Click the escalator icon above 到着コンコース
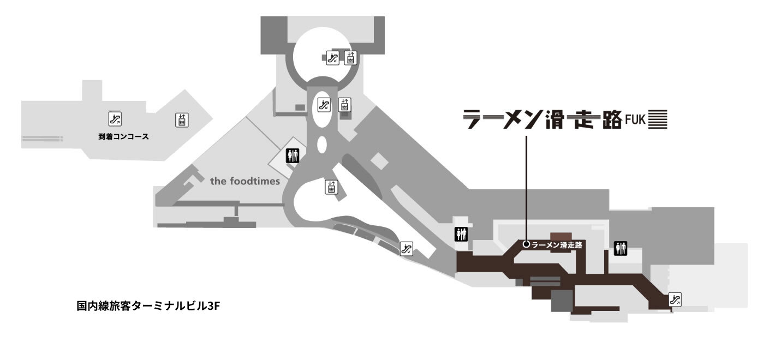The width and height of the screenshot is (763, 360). (x=115, y=118)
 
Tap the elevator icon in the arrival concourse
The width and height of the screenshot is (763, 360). (x=182, y=120)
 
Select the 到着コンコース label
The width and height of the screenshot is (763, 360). (x=124, y=136)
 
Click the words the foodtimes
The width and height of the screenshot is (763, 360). (x=245, y=181)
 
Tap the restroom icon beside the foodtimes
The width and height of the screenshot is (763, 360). (x=293, y=157)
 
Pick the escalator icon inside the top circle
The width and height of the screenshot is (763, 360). (x=332, y=57)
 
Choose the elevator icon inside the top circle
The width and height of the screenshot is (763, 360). (x=350, y=57)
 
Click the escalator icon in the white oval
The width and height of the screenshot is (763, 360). (x=324, y=104)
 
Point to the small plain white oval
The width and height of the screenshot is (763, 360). (x=321, y=146)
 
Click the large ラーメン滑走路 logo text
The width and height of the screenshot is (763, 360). (x=541, y=119)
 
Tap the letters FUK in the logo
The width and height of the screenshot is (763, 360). (x=635, y=120)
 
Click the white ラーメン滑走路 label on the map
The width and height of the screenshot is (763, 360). (x=557, y=245)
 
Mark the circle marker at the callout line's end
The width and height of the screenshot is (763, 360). (x=526, y=244)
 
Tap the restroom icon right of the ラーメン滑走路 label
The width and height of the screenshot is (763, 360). (x=621, y=248)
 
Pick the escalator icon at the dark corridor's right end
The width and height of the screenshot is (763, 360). (x=675, y=299)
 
